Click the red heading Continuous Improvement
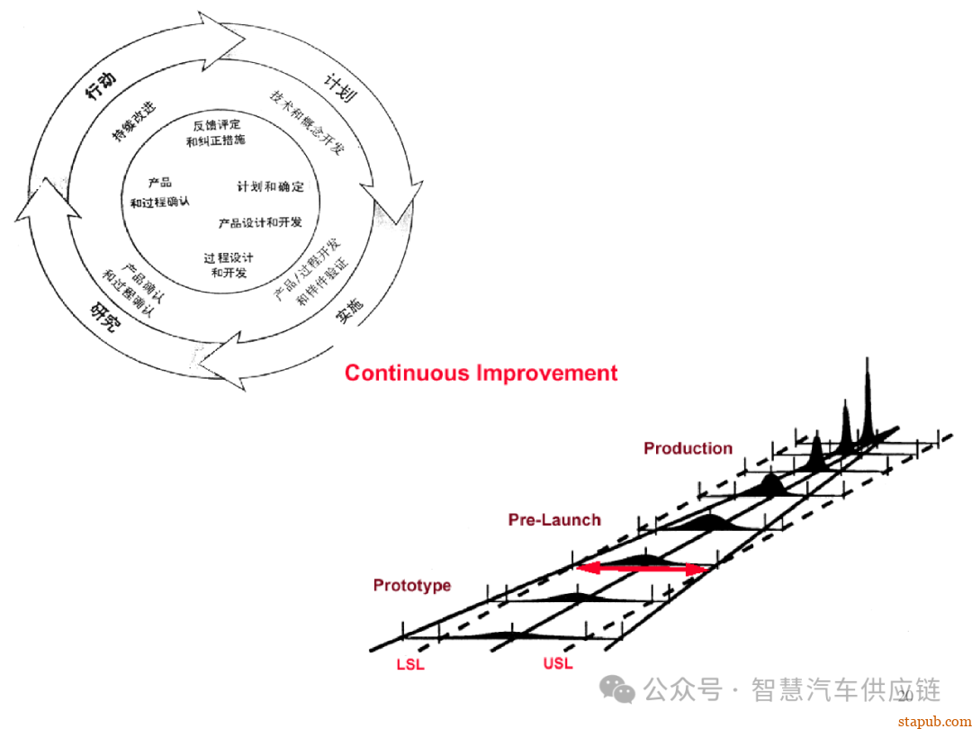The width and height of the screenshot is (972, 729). click(481, 373)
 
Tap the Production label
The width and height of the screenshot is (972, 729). click(688, 448)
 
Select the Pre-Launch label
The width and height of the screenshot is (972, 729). click(554, 519)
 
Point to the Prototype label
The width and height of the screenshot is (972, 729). click(412, 585)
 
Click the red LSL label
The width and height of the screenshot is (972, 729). click(410, 665)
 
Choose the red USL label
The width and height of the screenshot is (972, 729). click(557, 664)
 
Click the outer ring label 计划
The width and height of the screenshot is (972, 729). click(340, 87)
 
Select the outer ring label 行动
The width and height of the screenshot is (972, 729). click(100, 87)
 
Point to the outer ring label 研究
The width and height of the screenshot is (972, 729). click(104, 314)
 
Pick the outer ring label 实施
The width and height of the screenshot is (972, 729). click(349, 310)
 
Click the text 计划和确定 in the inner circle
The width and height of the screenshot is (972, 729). click(270, 186)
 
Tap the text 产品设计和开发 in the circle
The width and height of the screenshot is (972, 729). click(260, 221)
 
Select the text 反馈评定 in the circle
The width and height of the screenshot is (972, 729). click(216, 124)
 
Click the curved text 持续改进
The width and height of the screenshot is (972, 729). click(133, 121)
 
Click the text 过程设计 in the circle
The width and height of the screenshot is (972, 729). click(228, 257)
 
